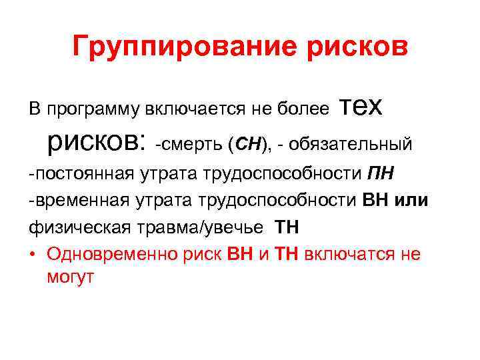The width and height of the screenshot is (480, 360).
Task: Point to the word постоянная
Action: [83, 175]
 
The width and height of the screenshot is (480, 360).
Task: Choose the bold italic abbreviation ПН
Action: [381, 175]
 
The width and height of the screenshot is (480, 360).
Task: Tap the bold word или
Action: [411, 201]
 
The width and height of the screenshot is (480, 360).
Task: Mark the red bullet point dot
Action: [33, 255]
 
